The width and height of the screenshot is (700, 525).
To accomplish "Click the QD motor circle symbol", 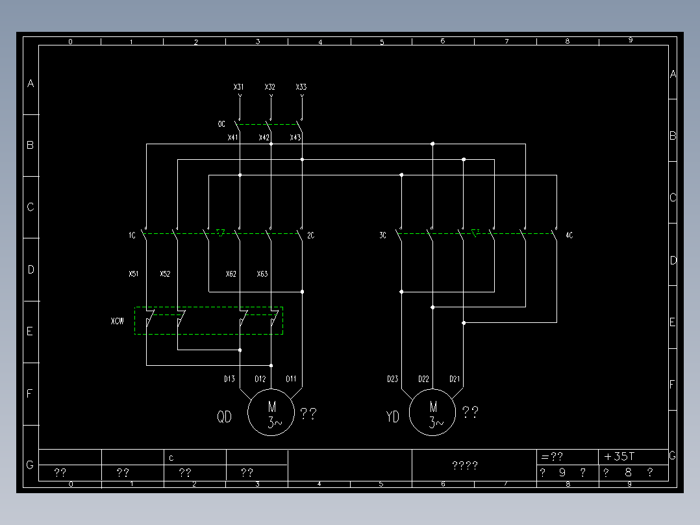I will (x=272, y=413).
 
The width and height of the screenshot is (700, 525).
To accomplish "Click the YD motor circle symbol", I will (x=433, y=413).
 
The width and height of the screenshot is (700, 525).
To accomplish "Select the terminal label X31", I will (x=239, y=86).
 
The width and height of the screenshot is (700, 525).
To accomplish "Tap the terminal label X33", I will (x=301, y=86).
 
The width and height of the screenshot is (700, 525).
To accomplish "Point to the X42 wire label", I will (x=264, y=137).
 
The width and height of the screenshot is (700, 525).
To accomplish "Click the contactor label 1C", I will (x=132, y=235).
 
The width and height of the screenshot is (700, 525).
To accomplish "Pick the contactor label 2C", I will (x=310, y=235).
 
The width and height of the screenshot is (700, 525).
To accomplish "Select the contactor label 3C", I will (x=383, y=235).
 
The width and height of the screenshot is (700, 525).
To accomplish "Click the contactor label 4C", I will (x=569, y=235).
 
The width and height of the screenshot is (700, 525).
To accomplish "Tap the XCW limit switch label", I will (x=118, y=321).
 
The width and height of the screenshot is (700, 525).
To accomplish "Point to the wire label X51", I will (x=133, y=274).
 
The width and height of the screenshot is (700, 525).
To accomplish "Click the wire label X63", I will (x=262, y=274).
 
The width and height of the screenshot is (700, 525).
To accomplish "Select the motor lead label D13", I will (x=229, y=379).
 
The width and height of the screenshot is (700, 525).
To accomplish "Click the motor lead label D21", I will (x=455, y=379).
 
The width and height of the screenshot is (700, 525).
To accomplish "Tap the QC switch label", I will (x=221, y=123).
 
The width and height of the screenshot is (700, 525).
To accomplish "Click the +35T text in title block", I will (x=619, y=456).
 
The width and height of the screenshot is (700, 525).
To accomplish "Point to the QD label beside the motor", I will (x=224, y=417).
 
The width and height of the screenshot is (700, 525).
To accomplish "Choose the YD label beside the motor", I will (x=393, y=417).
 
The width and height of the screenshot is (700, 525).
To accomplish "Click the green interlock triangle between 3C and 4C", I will (x=475, y=233).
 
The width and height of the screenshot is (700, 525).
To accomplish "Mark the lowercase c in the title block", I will (x=171, y=457).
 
